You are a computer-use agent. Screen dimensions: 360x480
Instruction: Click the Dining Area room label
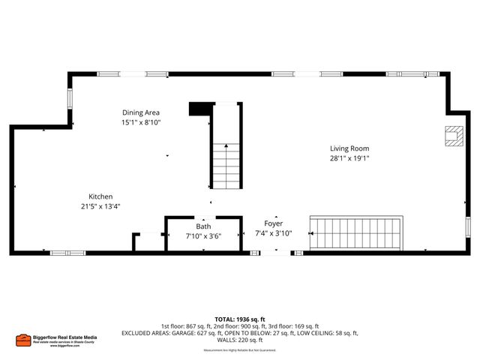tap(142, 112)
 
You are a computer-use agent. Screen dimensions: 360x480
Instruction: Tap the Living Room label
tap(349, 148)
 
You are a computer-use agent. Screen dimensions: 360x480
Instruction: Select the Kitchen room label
tap(101, 196)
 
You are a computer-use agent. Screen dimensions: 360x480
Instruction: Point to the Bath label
tap(204, 226)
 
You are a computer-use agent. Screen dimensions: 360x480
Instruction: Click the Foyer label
tap(273, 223)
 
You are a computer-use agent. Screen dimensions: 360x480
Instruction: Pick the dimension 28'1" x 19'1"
tap(349, 158)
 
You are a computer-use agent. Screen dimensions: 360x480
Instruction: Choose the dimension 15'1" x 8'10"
tap(142, 122)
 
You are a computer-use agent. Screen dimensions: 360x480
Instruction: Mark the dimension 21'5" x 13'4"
tap(101, 206)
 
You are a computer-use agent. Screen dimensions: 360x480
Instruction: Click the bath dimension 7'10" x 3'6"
tap(204, 235)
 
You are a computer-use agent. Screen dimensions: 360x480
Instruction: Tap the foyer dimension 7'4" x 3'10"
tap(273, 233)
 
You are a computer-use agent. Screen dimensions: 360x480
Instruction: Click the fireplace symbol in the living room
tap(451, 135)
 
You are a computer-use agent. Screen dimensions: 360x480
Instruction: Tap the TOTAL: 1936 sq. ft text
tap(240, 319)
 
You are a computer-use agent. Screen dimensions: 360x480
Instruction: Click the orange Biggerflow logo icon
tap(23, 339)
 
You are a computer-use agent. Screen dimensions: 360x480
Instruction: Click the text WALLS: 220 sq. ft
tap(240, 340)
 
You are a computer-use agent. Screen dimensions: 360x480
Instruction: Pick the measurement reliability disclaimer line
tap(240, 349)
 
